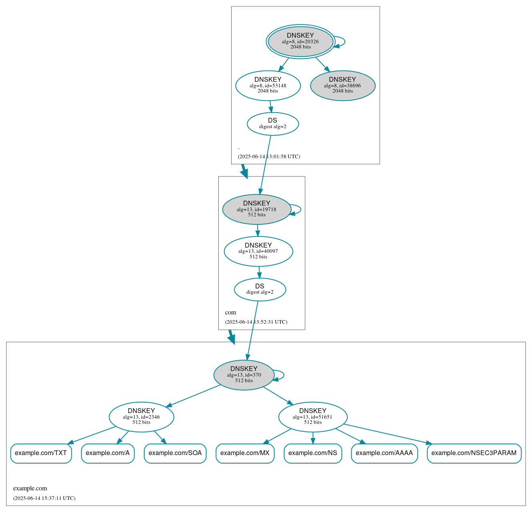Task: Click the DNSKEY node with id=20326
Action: tap(300, 41)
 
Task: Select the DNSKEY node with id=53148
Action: tap(268, 85)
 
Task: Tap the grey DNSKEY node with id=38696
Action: tap(343, 85)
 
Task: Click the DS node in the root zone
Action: tap(272, 124)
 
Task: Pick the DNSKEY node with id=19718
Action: tap(256, 209)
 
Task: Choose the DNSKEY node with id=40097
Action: tap(258, 251)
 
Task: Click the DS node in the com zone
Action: tap(260, 289)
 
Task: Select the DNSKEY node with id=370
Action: tap(244, 375)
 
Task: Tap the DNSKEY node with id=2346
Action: tap(141, 417)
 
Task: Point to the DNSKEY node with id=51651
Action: tap(312, 417)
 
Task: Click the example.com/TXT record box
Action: tap(41, 453)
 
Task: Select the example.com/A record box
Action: tap(108, 453)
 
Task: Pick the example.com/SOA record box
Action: tap(175, 453)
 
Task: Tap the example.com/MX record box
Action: tap(245, 453)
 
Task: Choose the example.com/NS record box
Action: tap(313, 453)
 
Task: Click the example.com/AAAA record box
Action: tap(384, 453)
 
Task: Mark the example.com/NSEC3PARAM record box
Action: tap(474, 453)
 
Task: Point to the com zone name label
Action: tap(230, 312)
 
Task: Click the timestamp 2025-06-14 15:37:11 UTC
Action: tap(44, 498)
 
